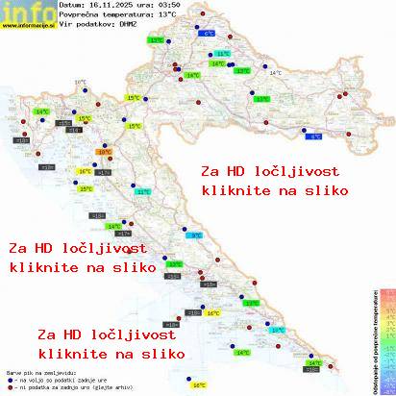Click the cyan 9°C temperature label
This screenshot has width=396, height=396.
tap(196, 235)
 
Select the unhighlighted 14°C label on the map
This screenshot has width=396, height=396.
tap(276, 73)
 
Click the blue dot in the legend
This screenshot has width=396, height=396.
tap(9, 376)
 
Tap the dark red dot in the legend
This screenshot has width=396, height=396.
tap(9, 383)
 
